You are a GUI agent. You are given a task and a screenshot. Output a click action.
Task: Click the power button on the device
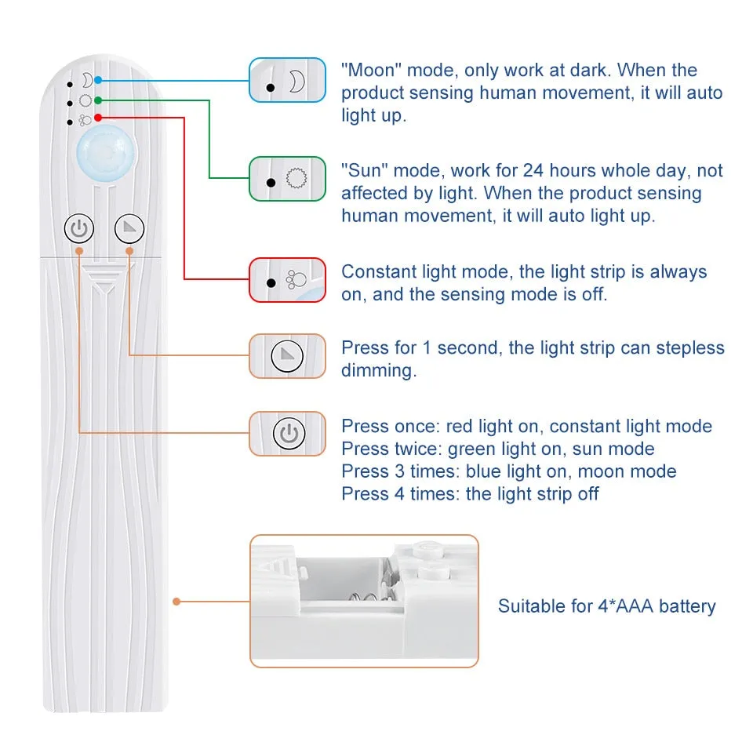[x=78, y=229]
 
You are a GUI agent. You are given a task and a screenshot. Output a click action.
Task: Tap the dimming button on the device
[x=129, y=229]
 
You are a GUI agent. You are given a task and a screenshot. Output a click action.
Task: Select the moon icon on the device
[x=86, y=80]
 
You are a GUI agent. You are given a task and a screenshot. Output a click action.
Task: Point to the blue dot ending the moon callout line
[x=97, y=80]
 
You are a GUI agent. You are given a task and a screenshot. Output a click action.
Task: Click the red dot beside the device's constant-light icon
[x=97, y=118]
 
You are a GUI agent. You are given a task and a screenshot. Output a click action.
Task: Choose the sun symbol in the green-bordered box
[x=295, y=180]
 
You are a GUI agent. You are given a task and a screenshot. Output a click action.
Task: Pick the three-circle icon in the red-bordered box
[x=295, y=280]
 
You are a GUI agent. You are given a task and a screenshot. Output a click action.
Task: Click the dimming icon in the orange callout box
[x=287, y=357]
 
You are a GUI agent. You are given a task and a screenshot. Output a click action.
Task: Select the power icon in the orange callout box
[x=287, y=434]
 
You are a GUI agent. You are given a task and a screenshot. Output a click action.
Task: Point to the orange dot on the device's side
[x=177, y=602]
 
